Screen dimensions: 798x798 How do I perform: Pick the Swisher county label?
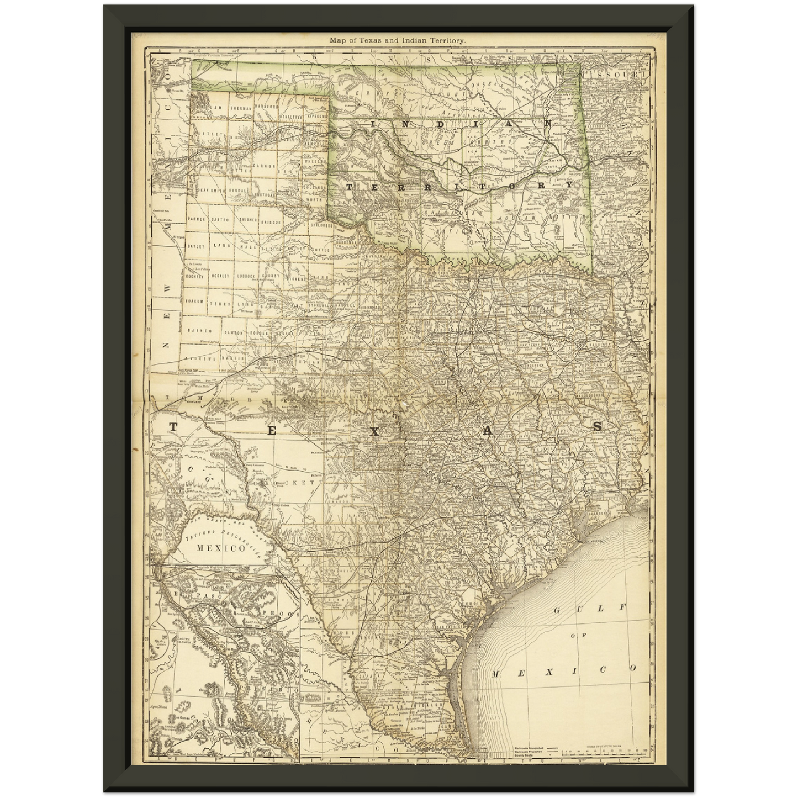(249, 219)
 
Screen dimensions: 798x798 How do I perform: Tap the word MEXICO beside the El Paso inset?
(221, 548)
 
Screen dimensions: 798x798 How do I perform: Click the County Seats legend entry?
(531, 755)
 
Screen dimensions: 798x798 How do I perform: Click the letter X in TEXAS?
(374, 432)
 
